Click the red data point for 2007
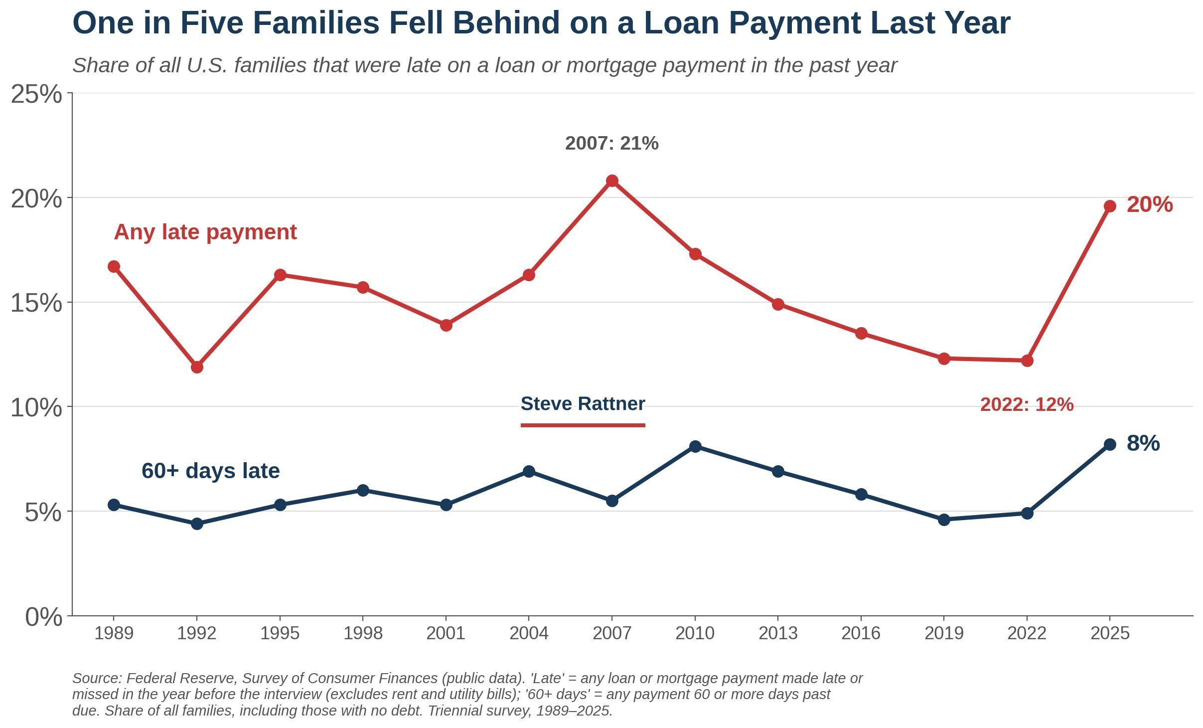pyautogui.click(x=612, y=181)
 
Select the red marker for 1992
pyautogui.click(x=197, y=367)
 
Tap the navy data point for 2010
pyautogui.click(x=695, y=446)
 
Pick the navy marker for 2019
pyautogui.click(x=944, y=520)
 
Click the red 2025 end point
pyautogui.click(x=1110, y=206)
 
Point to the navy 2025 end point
pyautogui.click(x=1110, y=444)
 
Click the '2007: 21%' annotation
pyautogui.click(x=611, y=144)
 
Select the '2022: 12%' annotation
pyautogui.click(x=1027, y=405)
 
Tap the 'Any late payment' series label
pyautogui.click(x=205, y=232)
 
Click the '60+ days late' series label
pyautogui.click(x=211, y=471)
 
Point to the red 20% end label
pyautogui.click(x=1150, y=205)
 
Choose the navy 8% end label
pyautogui.click(x=1143, y=443)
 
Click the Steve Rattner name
pyautogui.click(x=583, y=404)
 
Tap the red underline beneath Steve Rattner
pyautogui.click(x=583, y=425)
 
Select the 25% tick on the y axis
pyautogui.click(x=36, y=94)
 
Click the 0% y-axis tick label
pyautogui.click(x=44, y=617)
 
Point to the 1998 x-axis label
pyautogui.click(x=363, y=634)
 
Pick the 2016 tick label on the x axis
pyautogui.click(x=861, y=634)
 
